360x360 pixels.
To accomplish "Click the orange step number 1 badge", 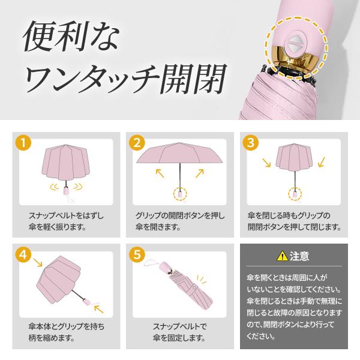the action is (23, 143).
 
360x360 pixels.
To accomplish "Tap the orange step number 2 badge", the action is (137, 143).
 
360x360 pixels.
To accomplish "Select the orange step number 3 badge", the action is (251, 143).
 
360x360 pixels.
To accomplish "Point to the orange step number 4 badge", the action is (23, 254).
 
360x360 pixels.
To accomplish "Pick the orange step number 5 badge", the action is (137, 254).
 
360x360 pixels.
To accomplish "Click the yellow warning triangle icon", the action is (282, 256).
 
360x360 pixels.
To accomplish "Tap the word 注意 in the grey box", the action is (299, 256).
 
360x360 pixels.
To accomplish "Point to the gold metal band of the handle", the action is (295, 59).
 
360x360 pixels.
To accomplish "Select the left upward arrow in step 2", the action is (160, 173).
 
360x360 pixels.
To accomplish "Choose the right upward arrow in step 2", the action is (200, 173).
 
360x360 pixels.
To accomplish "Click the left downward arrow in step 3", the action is (266, 163).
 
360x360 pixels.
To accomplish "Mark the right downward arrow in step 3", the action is (322, 162).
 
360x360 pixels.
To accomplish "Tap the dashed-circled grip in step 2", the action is (180, 194).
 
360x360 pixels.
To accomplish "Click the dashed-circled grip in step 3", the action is (295, 194).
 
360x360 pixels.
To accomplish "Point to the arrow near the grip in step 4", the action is (99, 308).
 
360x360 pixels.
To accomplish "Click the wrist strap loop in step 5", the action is (152, 263).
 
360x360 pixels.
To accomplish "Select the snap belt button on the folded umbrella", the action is (194, 287).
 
